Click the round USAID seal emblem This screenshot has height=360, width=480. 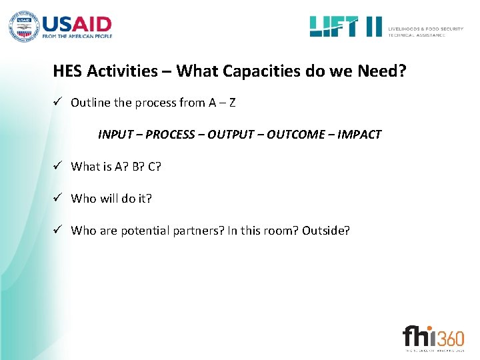(x=24, y=27)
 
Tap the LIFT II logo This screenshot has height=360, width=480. (x=345, y=27)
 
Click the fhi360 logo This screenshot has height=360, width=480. (x=433, y=335)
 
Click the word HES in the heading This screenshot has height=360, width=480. (x=67, y=71)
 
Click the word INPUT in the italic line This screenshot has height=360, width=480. (x=115, y=135)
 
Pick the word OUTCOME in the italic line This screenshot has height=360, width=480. (x=294, y=135)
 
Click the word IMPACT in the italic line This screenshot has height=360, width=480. (x=359, y=135)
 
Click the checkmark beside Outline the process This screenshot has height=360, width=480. (x=59, y=103)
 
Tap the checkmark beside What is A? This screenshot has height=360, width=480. (x=59, y=167)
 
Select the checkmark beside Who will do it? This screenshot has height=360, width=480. (x=59, y=199)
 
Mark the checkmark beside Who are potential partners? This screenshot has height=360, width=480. (x=59, y=231)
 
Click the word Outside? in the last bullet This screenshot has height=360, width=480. (x=325, y=231)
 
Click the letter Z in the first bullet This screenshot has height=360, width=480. (x=231, y=103)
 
